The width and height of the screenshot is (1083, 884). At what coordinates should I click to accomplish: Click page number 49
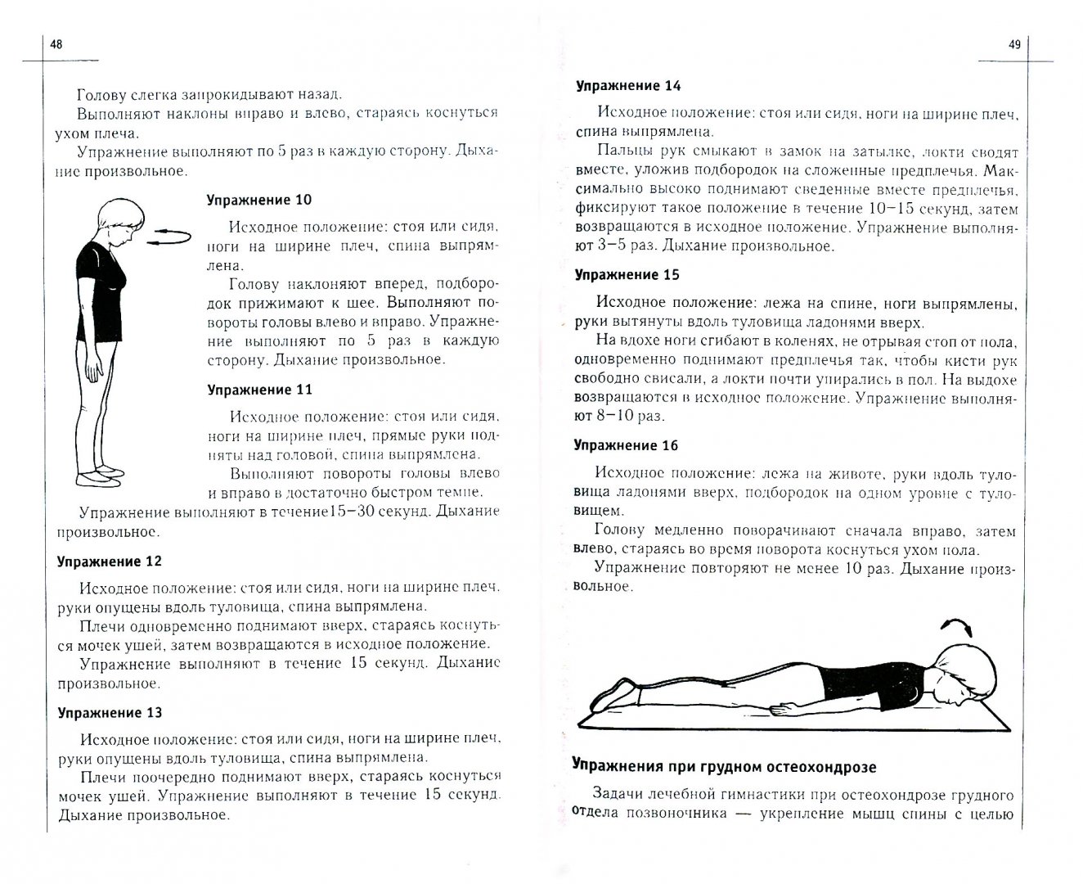pyautogui.click(x=1015, y=46)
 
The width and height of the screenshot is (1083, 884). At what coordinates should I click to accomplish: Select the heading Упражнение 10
pyautogui.click(x=258, y=200)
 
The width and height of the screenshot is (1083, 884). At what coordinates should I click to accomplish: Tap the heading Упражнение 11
pyautogui.click(x=258, y=390)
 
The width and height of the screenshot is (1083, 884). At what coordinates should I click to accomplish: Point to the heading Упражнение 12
pyautogui.click(x=109, y=562)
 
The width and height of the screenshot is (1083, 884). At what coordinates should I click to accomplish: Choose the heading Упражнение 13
pyautogui.click(x=109, y=712)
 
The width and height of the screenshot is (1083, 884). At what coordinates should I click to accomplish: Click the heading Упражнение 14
pyautogui.click(x=627, y=85)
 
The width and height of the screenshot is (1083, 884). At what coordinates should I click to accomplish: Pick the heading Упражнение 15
pyautogui.click(x=627, y=274)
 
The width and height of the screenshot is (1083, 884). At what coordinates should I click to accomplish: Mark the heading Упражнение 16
pyautogui.click(x=627, y=445)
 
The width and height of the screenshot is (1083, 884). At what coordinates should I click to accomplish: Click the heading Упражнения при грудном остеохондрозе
pyautogui.click(x=724, y=766)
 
